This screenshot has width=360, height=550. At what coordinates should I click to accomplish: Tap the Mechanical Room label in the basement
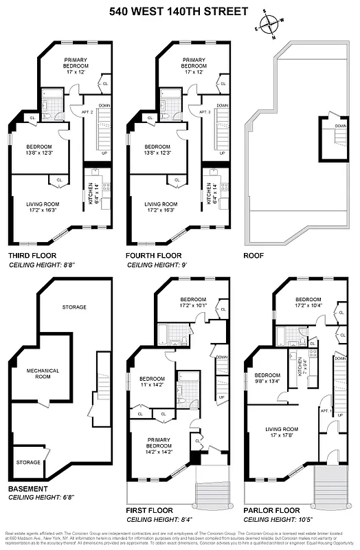pos(43,374)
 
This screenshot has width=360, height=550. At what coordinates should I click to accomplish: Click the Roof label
pos(254,255)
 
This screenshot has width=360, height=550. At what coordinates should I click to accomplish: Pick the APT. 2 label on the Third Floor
pos(86,111)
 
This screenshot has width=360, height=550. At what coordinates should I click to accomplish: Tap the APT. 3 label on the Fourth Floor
pos(204,111)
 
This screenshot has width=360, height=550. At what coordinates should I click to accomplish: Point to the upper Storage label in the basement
pos(74,307)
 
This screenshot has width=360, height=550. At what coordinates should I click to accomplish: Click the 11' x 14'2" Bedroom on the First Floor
pos(151,383)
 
